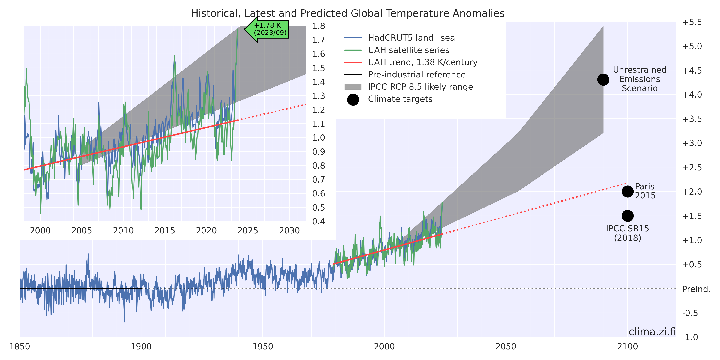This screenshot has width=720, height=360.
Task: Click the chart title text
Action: pyautogui.click(x=348, y=13)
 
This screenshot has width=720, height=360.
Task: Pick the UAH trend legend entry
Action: pyautogui.click(x=423, y=62)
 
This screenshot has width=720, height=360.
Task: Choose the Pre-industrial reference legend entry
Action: pyautogui.click(x=416, y=75)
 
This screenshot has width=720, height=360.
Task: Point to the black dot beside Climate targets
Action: pyautogui.click(x=353, y=100)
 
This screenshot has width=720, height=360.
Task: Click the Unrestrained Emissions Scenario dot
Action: pyautogui.click(x=603, y=80)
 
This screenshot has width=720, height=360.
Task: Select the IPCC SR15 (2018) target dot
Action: pyautogui.click(x=628, y=216)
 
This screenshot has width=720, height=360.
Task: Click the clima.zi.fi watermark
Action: pyautogui.click(x=652, y=332)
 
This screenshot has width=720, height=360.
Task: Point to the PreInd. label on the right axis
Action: pyautogui.click(x=696, y=289)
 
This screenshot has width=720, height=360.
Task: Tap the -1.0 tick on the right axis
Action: pyautogui.click(x=690, y=337)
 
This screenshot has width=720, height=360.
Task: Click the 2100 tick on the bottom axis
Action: pyautogui.click(x=628, y=346)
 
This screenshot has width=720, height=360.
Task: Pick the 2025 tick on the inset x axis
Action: pyautogui.click(x=248, y=231)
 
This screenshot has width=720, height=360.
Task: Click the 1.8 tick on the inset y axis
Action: pyautogui.click(x=319, y=26)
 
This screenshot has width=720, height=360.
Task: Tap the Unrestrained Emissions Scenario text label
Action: pyautogui.click(x=640, y=79)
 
